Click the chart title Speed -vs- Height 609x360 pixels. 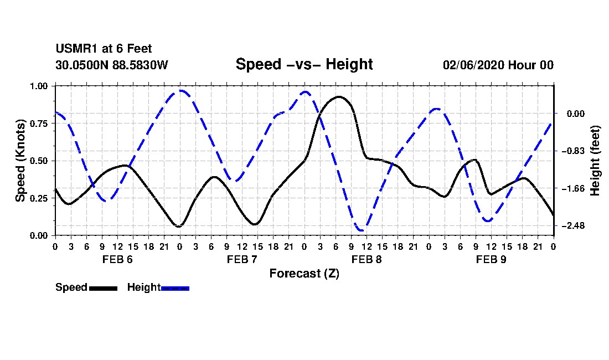coord(304,64)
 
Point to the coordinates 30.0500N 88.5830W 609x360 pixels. coord(111,65)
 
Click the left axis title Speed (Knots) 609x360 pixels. coord(20,161)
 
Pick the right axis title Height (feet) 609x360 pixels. coord(596,161)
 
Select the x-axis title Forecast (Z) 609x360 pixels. coord(304,273)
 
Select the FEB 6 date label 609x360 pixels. coord(117,259)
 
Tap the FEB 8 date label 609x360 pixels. coord(367,259)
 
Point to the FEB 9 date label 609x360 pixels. coord(491,259)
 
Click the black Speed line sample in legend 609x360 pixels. coord(102,288)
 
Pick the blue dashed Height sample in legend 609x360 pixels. coord(175,288)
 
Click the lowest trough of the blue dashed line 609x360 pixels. coord(361,230)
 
